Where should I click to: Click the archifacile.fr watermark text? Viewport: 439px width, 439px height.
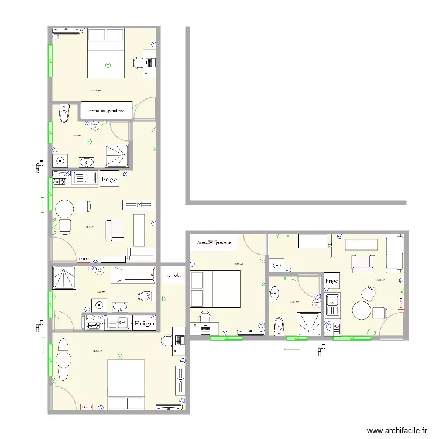coord(396,430)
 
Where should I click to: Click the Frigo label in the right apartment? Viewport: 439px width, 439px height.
coord(332,281)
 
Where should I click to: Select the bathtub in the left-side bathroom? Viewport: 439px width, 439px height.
coord(133,276)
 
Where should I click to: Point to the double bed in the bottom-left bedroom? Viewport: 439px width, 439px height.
coord(125,385)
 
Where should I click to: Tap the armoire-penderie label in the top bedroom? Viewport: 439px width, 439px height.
coord(109,110)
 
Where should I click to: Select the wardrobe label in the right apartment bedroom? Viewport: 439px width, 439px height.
coord(214,241)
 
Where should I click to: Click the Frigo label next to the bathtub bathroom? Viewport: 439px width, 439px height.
coord(145,323)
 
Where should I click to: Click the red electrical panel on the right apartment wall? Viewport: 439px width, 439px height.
coord(401,303)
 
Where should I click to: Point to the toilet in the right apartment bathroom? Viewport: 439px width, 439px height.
coord(279,324)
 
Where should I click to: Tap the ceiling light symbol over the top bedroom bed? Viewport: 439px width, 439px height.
coord(107,66)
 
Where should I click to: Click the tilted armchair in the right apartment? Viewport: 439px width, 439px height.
coord(369,293)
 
